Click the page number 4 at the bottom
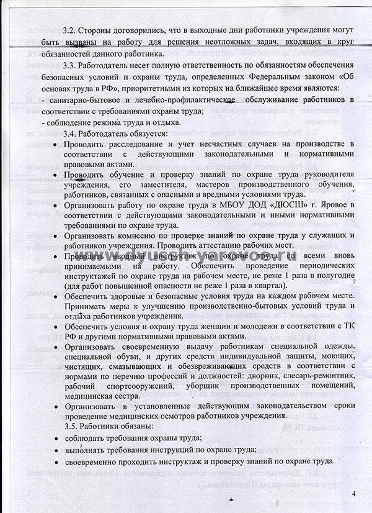[353, 494]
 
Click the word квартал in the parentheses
[268, 285]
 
